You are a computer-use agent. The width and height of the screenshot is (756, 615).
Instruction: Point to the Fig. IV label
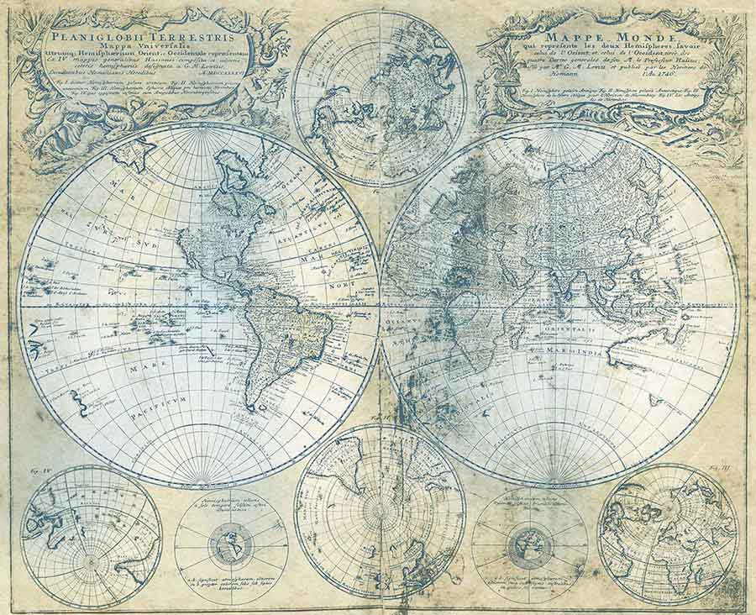[x=36, y=471]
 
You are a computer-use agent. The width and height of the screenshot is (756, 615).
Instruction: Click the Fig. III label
[x=720, y=463]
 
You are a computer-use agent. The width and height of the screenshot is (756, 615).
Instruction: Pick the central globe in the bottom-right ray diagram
[x=529, y=547]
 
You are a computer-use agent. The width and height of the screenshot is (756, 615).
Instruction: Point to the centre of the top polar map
[x=380, y=97]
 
